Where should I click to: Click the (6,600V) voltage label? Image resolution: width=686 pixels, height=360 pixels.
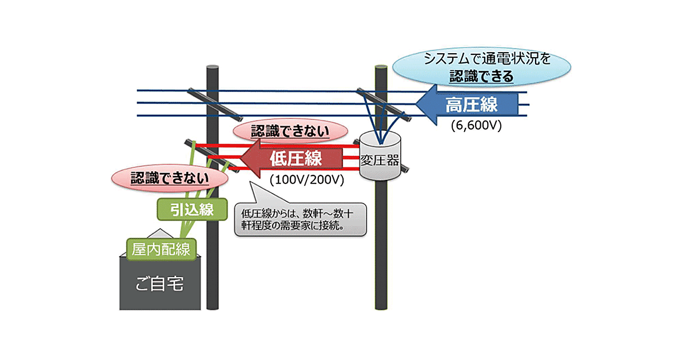(x=476, y=126)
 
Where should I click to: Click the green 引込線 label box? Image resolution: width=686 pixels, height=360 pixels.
(x=186, y=209)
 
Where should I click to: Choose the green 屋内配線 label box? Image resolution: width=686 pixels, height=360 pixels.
(x=161, y=249)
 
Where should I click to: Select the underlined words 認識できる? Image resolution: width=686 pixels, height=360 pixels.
(x=481, y=75)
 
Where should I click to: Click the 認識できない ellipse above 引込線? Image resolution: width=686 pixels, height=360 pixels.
(x=169, y=178)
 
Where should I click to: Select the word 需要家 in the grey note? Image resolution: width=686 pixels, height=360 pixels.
(x=302, y=226)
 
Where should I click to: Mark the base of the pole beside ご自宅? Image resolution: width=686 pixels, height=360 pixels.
(x=213, y=306)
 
